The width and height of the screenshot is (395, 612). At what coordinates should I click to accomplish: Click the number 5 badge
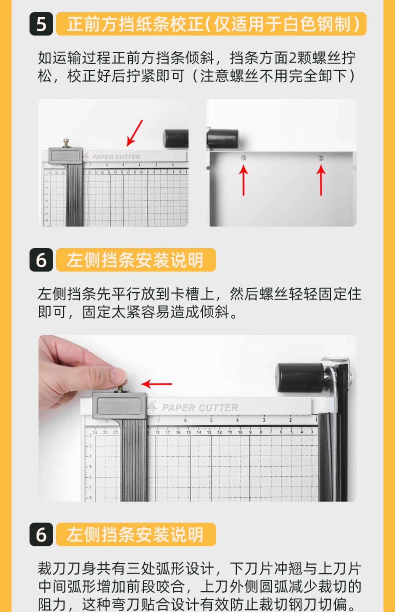coord(41,24)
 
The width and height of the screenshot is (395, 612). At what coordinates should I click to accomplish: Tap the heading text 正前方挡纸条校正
coord(135,24)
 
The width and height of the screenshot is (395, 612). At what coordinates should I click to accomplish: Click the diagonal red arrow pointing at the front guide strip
coord(135,133)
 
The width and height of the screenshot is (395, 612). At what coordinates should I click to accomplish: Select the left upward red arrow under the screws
coord(244,180)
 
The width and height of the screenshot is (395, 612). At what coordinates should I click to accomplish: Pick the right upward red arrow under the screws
coord(321,180)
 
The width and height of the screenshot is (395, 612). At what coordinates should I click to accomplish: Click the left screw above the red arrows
coord(244,158)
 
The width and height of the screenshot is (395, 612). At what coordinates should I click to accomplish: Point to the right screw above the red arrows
coord(320,158)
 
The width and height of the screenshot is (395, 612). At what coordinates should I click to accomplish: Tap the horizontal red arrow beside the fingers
coord(157,384)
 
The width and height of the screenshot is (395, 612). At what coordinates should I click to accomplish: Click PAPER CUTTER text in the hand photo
coord(200,408)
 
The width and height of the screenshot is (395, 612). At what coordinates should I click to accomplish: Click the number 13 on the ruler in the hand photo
coord(209,432)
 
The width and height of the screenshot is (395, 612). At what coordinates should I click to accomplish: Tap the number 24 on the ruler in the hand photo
coord(95,433)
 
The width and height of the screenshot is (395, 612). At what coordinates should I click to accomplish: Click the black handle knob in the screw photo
coord(223,138)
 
